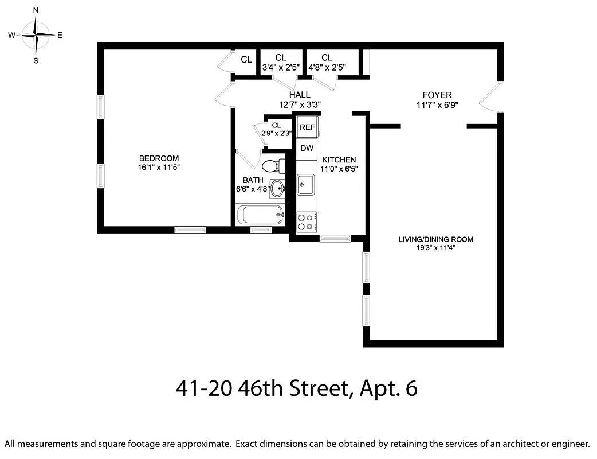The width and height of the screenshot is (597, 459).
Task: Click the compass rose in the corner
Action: click(36, 35)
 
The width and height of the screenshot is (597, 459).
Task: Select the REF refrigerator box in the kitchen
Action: click(308, 127)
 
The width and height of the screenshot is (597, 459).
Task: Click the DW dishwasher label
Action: click(307, 148)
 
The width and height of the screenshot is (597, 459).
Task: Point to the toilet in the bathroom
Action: click(270, 167)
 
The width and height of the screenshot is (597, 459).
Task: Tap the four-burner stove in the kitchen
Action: click(307, 222)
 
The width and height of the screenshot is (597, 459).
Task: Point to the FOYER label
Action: click(437, 95)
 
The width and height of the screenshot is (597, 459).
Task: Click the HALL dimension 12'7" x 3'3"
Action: click(300, 104)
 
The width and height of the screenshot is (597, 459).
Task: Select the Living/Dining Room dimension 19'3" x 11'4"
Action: click(436, 248)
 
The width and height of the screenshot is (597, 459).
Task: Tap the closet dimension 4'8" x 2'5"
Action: click(327, 67)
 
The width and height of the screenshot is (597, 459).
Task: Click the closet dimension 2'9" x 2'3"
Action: click(276, 133)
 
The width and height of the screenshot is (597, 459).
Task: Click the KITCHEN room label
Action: click(339, 160)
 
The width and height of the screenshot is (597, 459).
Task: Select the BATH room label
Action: click(253, 180)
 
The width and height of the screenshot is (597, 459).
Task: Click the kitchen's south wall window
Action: click(335, 238)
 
